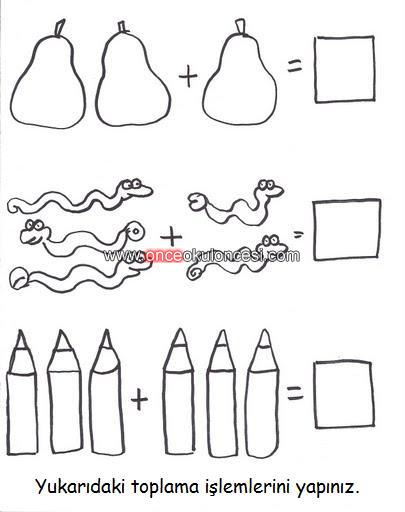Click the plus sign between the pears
click(188, 75)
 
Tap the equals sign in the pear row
click(295, 65)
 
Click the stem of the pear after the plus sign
click(240, 27)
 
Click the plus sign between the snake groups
click(171, 237)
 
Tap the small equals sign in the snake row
click(299, 235)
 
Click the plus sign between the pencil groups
click(139, 399)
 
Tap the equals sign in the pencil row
click(295, 392)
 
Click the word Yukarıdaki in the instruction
click(80, 487)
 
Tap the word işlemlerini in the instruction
click(246, 488)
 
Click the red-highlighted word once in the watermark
click(164, 256)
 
